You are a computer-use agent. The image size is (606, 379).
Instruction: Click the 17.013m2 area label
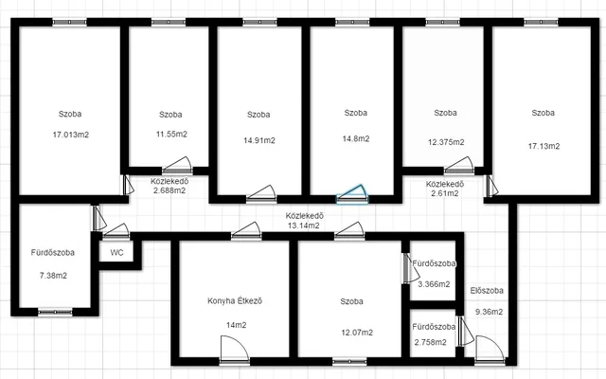tap(71, 135)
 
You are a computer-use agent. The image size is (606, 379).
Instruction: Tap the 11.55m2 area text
tap(171, 134)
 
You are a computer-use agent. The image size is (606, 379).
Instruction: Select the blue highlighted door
tap(352, 195)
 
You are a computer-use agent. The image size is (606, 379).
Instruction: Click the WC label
tap(116, 253)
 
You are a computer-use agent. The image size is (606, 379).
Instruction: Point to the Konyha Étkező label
tap(235, 301)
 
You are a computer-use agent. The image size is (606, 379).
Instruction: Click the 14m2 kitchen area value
tap(236, 325)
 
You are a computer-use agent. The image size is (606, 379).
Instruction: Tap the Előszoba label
tap(487, 291)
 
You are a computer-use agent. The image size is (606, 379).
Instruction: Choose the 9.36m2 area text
tap(489, 312)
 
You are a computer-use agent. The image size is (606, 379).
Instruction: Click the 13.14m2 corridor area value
tap(304, 226)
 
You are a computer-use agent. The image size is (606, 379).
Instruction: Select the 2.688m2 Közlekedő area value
tap(169, 190)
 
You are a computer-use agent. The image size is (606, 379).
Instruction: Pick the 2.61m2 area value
tap(445, 193)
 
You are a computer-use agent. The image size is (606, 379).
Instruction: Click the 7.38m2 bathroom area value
tap(53, 276)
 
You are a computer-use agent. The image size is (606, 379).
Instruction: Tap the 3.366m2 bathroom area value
tap(434, 284)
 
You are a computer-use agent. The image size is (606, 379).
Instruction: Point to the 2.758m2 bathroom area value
tap(431, 342)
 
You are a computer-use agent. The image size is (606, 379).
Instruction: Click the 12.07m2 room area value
tap(357, 333)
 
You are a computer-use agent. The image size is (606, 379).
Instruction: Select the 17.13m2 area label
tap(544, 146)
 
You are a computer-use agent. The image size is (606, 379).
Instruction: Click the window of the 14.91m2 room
tap(259, 23)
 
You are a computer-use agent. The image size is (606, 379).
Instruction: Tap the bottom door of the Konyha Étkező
tap(235, 351)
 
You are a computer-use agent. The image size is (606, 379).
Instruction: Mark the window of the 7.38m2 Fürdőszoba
tap(55, 312)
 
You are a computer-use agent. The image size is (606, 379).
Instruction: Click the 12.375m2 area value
tap(446, 142)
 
